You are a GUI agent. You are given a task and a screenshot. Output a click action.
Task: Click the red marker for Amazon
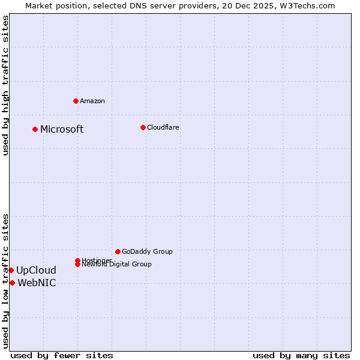pyautogui.click(x=76, y=101)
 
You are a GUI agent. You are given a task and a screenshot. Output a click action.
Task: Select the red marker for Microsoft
pyautogui.click(x=35, y=129)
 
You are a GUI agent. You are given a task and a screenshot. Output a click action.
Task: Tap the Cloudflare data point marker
pyautogui.click(x=143, y=127)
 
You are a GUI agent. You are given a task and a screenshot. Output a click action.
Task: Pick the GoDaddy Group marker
pyautogui.click(x=118, y=251)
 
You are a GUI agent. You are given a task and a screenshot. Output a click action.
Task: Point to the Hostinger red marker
pyautogui.click(x=77, y=260)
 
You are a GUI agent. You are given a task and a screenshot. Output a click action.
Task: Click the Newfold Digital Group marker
pyautogui.click(x=78, y=265)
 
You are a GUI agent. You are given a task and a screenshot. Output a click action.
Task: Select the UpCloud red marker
pyautogui.click(x=11, y=270)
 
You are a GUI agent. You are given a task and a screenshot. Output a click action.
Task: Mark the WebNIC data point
pyautogui.click(x=12, y=283)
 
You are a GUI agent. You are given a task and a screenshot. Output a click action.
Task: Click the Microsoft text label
pyautogui.click(x=62, y=130)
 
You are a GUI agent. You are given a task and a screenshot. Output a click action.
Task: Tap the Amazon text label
pyautogui.click(x=92, y=101)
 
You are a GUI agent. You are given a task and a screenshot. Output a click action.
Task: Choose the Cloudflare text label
pyautogui.click(x=163, y=127)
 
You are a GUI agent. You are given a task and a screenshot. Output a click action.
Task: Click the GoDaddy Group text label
pyautogui.click(x=147, y=251)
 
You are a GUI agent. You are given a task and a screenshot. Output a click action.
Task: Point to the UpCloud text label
pyautogui.click(x=36, y=271)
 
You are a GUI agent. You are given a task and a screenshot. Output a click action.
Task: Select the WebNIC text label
pyautogui.click(x=37, y=283)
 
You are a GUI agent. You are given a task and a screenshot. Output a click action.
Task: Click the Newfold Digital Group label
pyautogui.click(x=116, y=265)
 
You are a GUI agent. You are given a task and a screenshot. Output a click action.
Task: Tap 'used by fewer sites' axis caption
pyautogui.click(x=62, y=355)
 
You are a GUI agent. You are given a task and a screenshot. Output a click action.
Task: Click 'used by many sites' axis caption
pyautogui.click(x=301, y=355)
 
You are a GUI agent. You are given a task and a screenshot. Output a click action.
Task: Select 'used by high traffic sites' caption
pyautogui.click(x=5, y=85)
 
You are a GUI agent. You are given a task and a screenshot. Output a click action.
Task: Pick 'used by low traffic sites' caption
pyautogui.click(x=5, y=281)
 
